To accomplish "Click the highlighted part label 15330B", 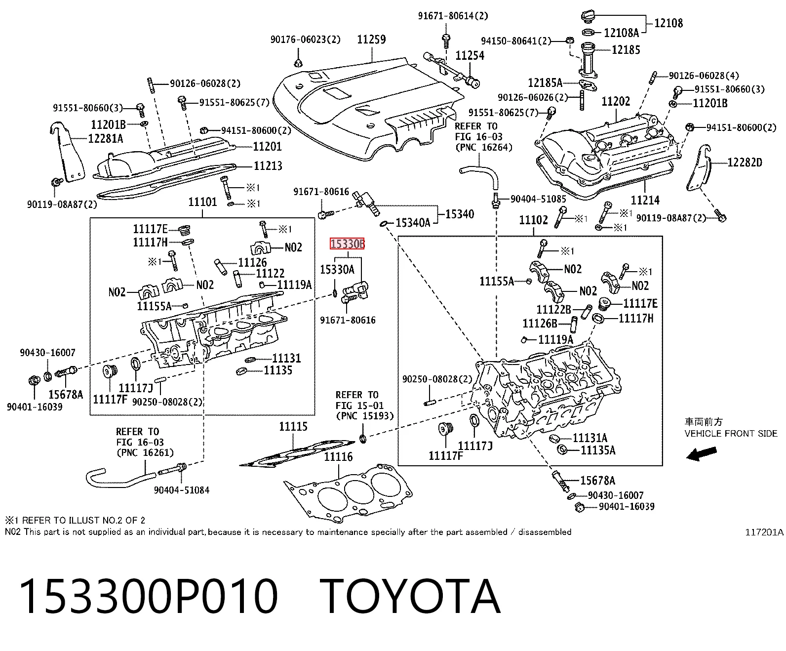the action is [347, 244].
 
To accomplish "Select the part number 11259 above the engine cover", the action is [371, 40].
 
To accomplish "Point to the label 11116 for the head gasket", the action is [338, 457].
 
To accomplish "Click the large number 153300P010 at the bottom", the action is [149, 597].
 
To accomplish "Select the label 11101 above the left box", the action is [202, 203].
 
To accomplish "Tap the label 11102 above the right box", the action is [533, 220].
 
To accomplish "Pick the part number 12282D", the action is [745, 163].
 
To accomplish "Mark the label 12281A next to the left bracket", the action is [105, 139].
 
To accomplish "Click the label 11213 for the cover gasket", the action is [268, 166].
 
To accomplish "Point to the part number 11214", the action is [645, 200].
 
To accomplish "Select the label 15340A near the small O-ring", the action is [413, 223].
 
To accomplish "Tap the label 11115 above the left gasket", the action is [293, 426].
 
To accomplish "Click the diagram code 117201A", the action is [764, 532].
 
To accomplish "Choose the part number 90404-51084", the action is [182, 490].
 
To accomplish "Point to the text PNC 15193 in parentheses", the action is [365, 416].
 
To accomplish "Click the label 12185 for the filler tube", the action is [626, 50].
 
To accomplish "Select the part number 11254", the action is [470, 56].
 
